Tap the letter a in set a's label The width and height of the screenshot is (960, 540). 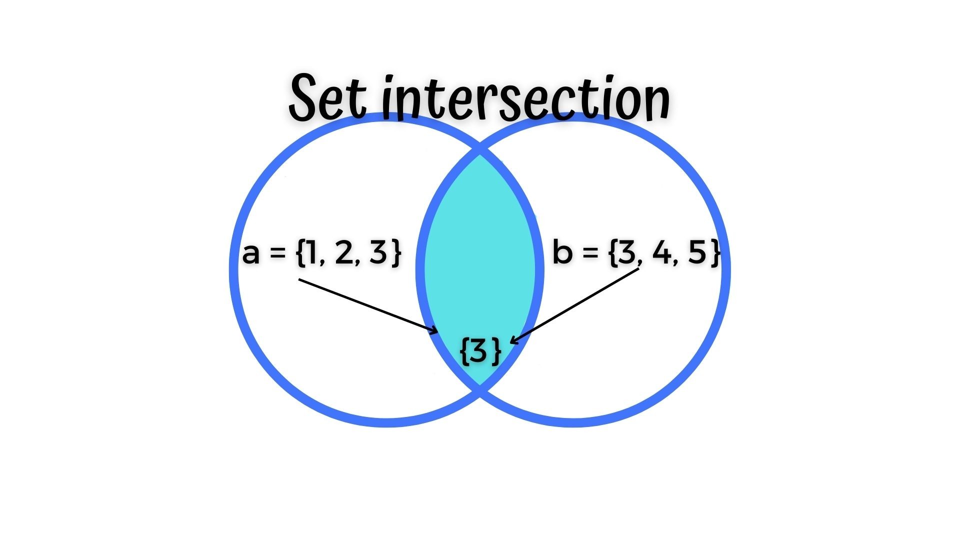251,253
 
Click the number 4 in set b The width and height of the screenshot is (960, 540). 661,252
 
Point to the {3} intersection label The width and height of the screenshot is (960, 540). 480,351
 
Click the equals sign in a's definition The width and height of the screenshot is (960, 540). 277,254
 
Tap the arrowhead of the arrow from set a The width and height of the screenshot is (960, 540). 434,331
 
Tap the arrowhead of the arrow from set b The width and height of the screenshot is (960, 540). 514,340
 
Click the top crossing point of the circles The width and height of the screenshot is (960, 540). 480,149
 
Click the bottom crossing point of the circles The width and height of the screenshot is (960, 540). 480,389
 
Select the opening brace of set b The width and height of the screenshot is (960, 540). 613,252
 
